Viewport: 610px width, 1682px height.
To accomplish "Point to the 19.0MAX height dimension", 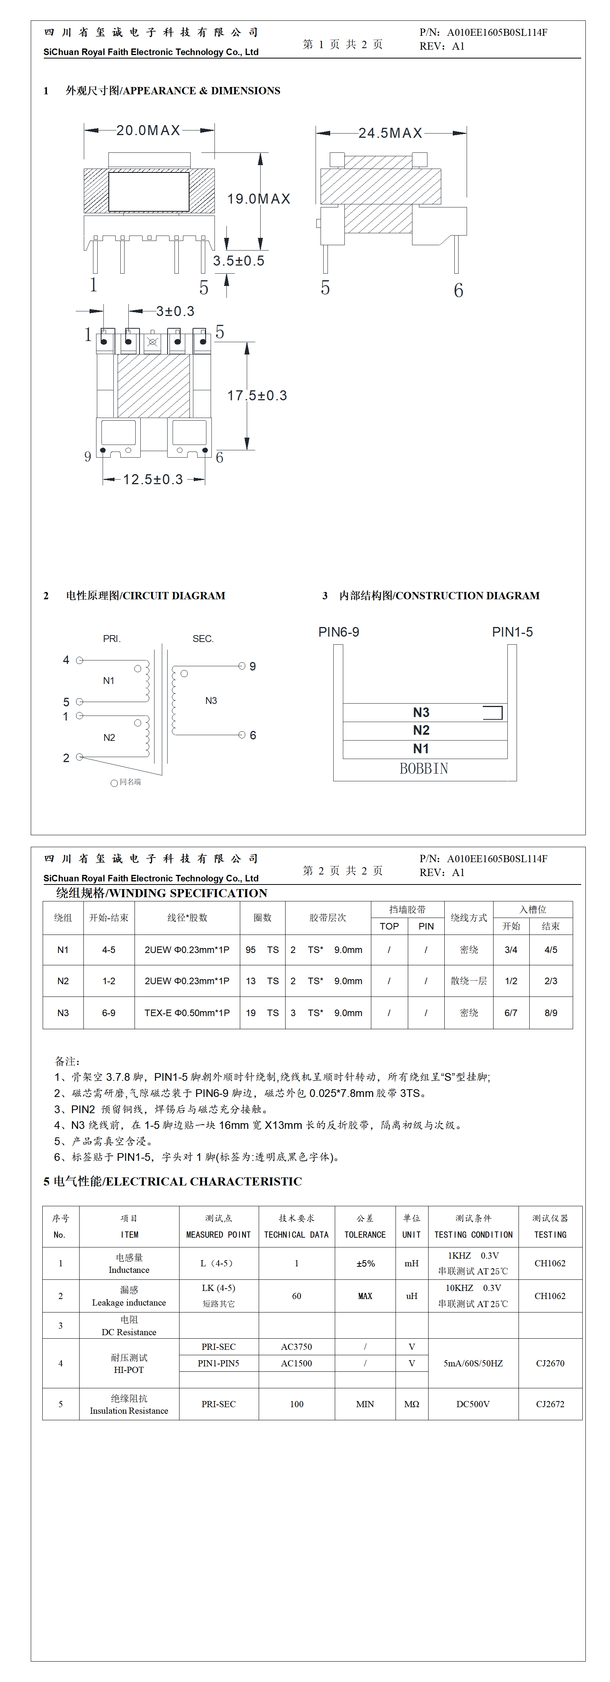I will coord(258,199).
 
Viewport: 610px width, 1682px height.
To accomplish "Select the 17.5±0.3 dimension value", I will coord(257,396).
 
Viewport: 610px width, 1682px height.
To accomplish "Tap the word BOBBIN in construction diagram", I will coord(424,769).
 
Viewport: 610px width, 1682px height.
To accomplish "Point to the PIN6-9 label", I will coord(339,632).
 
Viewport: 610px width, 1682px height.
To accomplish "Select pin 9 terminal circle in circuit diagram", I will coord(242,666).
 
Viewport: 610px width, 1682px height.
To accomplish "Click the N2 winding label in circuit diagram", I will coord(109,738).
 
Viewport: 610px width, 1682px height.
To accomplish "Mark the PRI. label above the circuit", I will coord(111,639).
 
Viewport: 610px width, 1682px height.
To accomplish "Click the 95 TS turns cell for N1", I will coord(262,950).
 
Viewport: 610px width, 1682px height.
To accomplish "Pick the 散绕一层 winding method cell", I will coord(469,981).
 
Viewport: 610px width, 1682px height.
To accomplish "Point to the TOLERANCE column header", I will coord(365,1235).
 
